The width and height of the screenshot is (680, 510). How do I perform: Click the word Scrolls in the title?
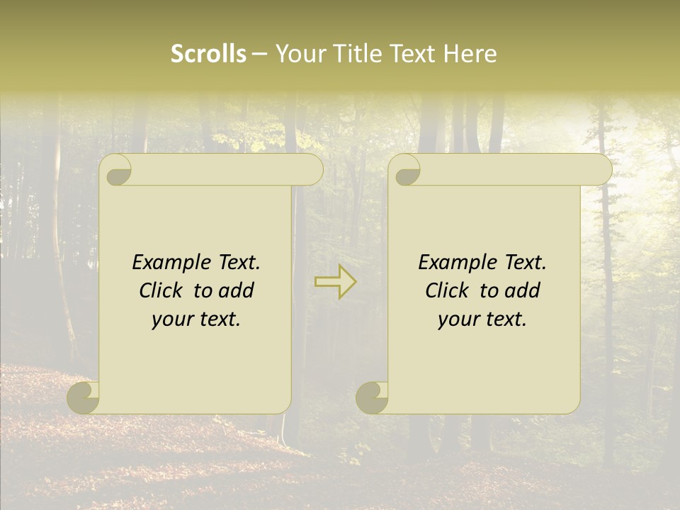point(208,54)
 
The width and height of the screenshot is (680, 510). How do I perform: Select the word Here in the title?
point(470,54)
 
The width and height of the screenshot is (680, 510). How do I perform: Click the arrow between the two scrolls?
point(336,281)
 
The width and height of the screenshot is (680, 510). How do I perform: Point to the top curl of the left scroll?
point(117,171)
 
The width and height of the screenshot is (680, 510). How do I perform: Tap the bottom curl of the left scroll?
point(84,398)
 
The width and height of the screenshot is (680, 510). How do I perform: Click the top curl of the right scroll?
point(406,171)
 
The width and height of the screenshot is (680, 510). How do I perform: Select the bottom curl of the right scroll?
point(372,398)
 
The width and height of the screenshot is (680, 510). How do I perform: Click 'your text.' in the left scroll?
point(196,319)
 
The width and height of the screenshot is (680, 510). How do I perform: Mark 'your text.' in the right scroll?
point(482,319)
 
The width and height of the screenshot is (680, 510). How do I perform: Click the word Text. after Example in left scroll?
point(239,263)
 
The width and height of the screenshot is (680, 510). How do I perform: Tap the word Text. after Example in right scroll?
point(525,263)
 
